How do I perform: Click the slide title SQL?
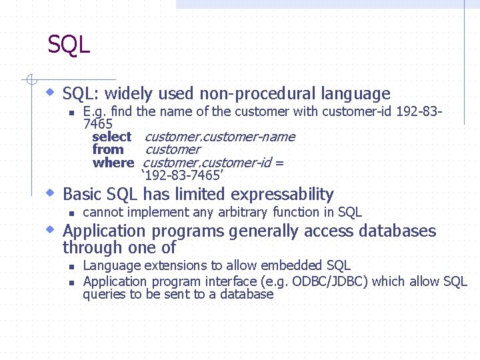tap(69, 45)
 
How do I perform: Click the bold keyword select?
tap(111, 137)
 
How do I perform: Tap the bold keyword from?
tap(108, 150)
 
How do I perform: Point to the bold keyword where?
tap(113, 163)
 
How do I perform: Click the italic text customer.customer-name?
tap(219, 137)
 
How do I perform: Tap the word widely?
tap(127, 94)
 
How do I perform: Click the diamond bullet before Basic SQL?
tap(50, 193)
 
